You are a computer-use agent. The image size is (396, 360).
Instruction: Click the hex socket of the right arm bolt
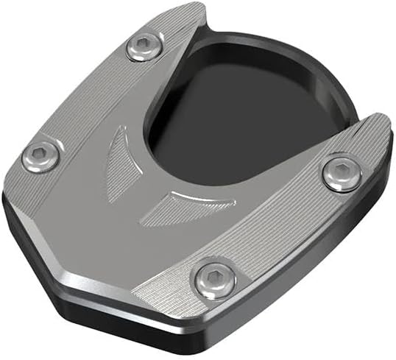pyautogui.click(x=341, y=174)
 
